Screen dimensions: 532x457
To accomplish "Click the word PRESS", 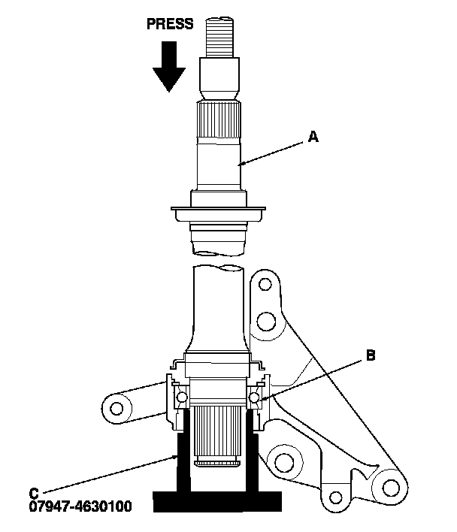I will click(169, 24).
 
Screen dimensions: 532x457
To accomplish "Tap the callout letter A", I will click(313, 137).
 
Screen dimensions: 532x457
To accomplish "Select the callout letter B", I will click(369, 355).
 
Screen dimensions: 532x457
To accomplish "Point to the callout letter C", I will click(34, 493).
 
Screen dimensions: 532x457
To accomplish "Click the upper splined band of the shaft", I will click(219, 120).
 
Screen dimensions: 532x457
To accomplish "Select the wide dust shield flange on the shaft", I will click(219, 213).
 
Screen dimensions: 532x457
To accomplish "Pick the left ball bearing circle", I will click(180, 397).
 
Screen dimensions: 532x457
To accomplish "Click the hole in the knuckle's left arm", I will click(117, 409).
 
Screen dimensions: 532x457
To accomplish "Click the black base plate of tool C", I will click(218, 500).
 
